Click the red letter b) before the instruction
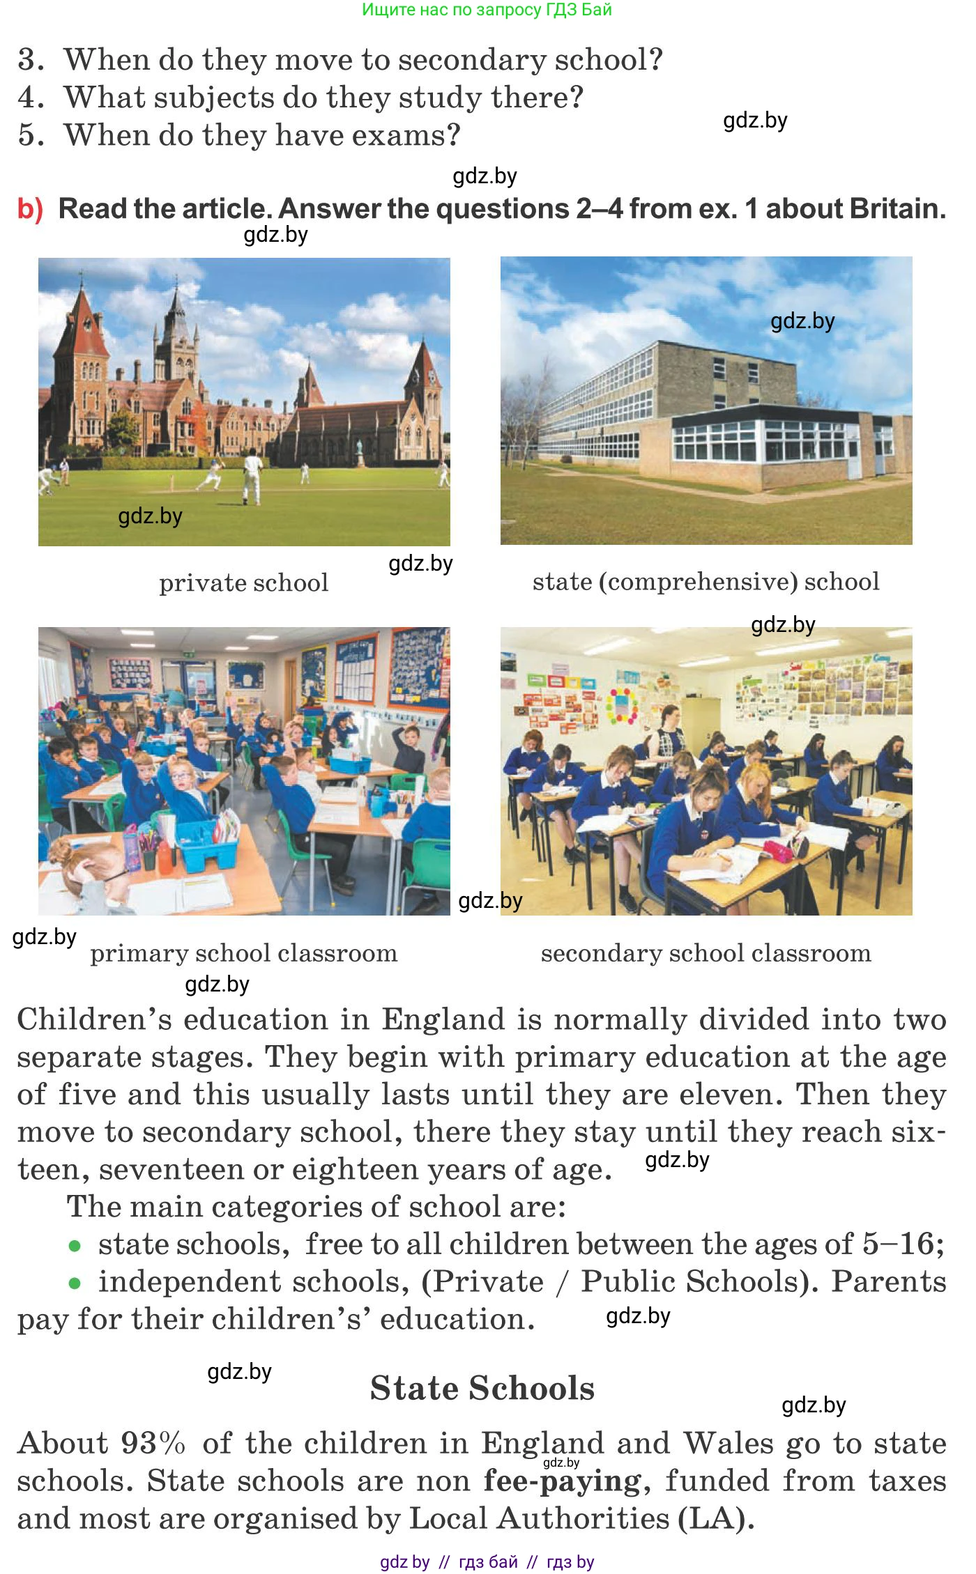coord(30,210)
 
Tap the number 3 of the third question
coord(30,61)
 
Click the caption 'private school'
coord(243,583)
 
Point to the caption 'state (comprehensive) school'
coord(706,582)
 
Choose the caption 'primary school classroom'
coord(243,953)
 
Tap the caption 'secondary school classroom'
coord(706,953)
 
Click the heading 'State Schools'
coord(482,1388)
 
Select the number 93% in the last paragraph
coord(153,1444)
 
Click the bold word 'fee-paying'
coord(562,1481)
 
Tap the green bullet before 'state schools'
coord(75,1246)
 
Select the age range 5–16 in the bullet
coord(898,1244)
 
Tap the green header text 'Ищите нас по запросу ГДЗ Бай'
coord(487,10)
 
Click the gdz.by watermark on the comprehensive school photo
coord(802,321)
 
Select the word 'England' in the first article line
coord(443,1020)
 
